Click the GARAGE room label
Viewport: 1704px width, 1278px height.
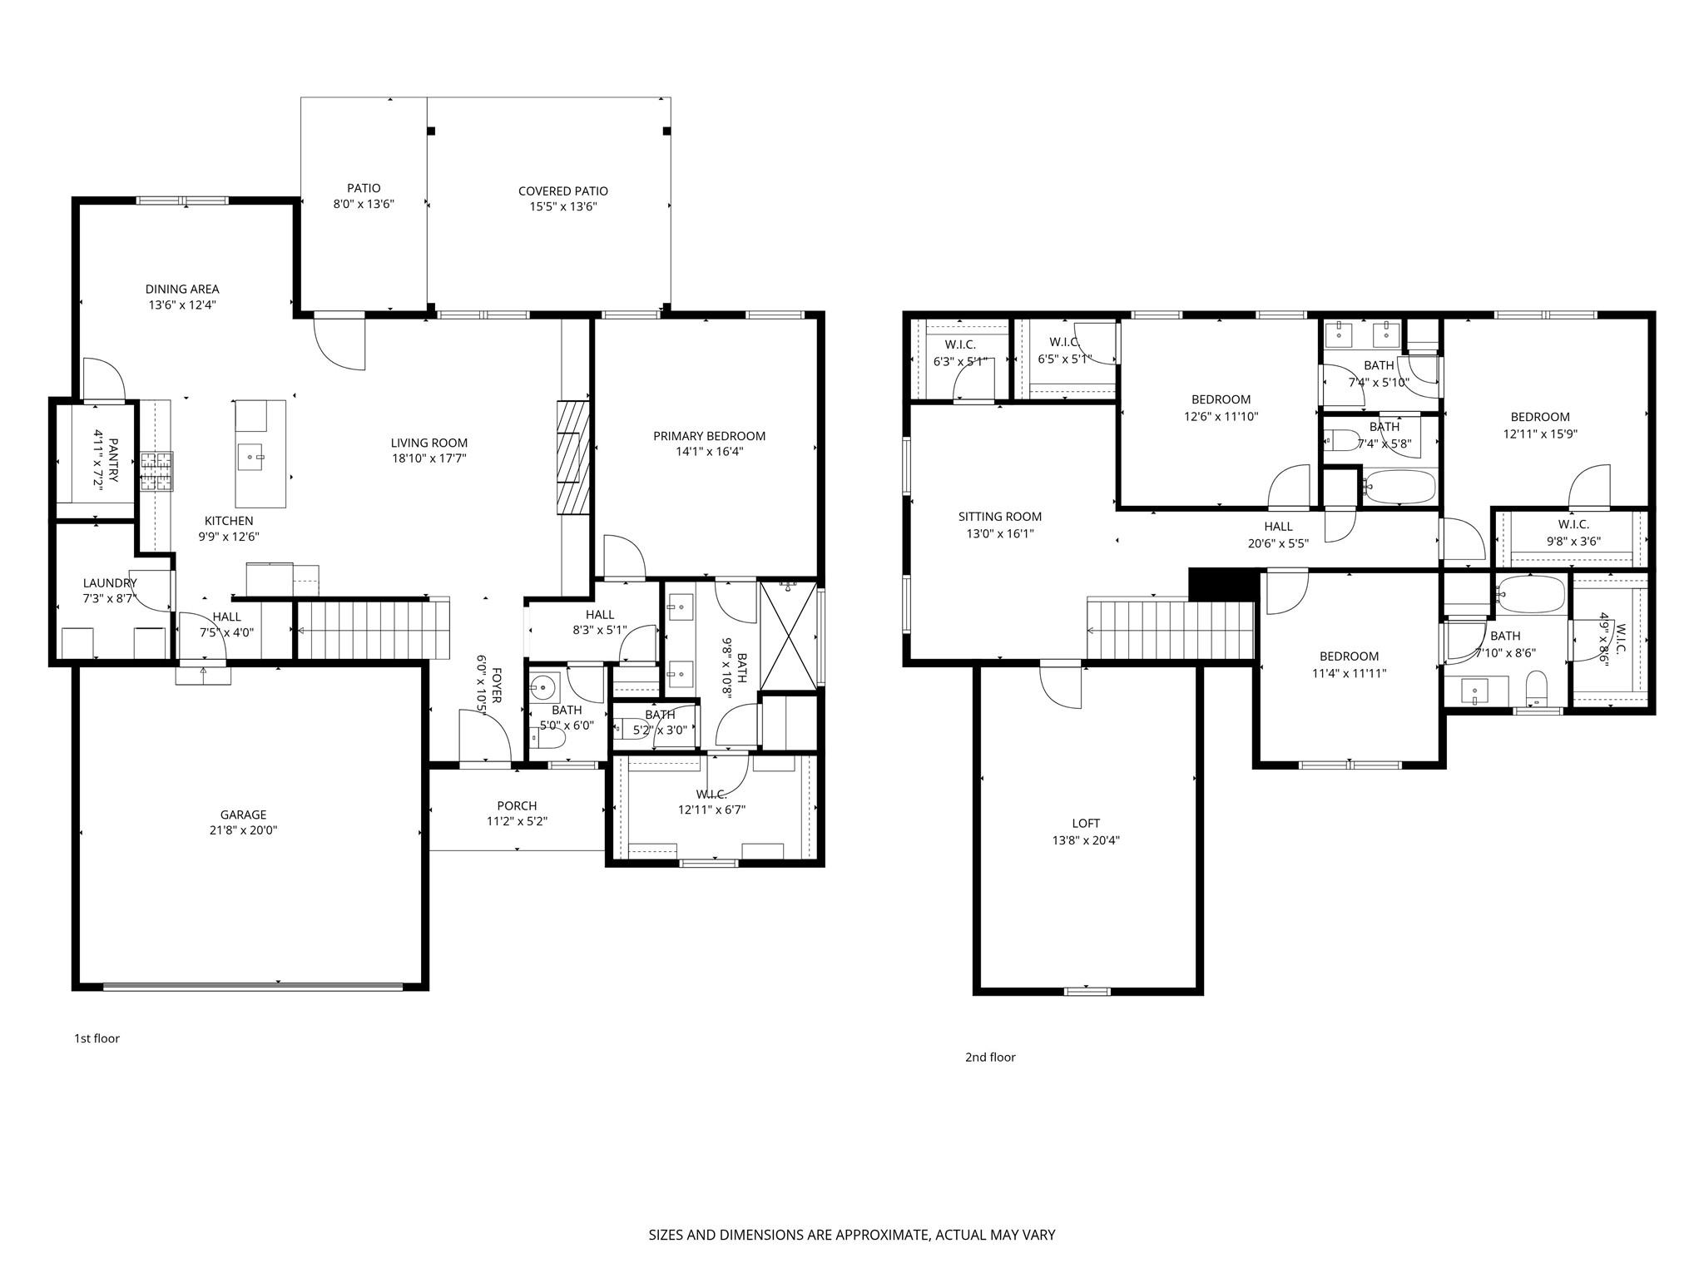243,815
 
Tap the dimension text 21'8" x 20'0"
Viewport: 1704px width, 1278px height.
243,830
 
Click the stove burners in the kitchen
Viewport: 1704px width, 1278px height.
156,471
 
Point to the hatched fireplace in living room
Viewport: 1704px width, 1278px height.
572,457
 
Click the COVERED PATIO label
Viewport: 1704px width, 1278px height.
562,191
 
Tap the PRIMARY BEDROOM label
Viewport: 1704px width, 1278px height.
709,436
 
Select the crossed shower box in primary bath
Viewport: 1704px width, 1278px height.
789,636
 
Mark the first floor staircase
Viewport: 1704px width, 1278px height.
373,628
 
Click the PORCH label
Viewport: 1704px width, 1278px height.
517,805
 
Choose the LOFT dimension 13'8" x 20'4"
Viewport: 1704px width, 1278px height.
1086,840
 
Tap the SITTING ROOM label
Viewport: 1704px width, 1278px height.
999,517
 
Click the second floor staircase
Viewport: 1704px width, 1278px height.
1170,629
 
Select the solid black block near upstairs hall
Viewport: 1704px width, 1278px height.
1222,584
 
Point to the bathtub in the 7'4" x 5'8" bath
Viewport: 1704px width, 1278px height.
1399,487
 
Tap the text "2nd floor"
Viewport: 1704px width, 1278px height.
990,1058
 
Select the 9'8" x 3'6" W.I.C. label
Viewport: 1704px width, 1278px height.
1573,540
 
